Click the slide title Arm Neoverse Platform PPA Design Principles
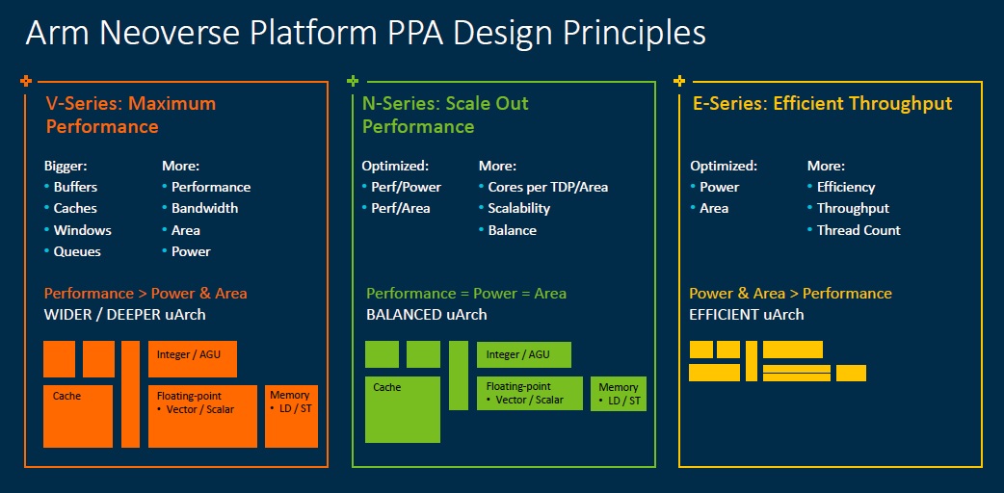pos(365,34)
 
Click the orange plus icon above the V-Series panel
pos(26,81)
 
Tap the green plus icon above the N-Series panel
pos(352,81)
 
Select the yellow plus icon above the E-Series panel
pos(679,81)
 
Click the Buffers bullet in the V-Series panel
pos(75,187)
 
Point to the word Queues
pos(77,251)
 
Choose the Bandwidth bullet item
pos(204,208)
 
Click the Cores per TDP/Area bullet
pos(547,187)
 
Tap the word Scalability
pos(518,208)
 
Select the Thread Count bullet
pos(859,230)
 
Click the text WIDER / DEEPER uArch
pos(125,314)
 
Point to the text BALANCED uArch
pos(427,314)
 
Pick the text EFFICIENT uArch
pos(746,314)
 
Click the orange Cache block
pos(78,416)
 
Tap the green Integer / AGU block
pos(524,354)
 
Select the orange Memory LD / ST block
pos(291,416)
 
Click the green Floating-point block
pos(530,393)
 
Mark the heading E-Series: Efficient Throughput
pos(823,104)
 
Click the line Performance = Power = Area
pos(466,294)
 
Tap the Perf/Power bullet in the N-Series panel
pos(406,187)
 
